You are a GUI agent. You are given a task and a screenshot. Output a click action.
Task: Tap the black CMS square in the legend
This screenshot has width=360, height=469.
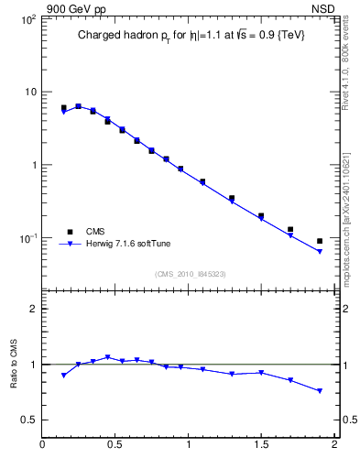[x=69, y=233]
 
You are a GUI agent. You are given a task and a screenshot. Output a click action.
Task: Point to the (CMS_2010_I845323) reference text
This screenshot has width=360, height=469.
[x=190, y=273]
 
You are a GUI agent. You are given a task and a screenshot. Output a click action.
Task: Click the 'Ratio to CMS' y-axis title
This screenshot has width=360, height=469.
[x=15, y=365]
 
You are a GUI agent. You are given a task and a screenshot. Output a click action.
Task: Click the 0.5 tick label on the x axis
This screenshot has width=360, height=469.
[x=115, y=446]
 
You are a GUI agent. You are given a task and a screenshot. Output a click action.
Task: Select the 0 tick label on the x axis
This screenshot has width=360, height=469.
[x=43, y=446]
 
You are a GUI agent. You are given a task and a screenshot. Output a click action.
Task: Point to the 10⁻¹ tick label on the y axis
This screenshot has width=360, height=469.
[x=27, y=238]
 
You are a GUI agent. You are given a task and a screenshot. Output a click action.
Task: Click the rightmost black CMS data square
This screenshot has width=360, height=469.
[x=320, y=241]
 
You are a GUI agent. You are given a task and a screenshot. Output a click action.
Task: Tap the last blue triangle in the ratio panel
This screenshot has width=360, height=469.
[x=320, y=391]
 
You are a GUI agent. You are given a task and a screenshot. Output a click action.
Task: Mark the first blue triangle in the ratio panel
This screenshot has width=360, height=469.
[x=63, y=376]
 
